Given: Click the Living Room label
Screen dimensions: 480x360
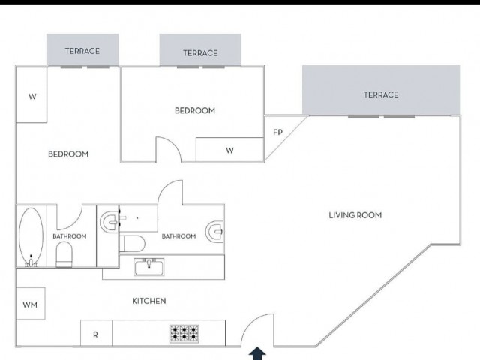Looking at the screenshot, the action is [x=355, y=215].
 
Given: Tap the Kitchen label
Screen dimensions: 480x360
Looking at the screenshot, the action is [x=149, y=301].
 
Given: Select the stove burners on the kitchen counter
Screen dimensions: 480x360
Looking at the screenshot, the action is [x=184, y=333].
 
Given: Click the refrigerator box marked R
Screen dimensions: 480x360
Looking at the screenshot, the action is [x=96, y=333].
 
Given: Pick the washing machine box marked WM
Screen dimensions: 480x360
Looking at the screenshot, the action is [x=31, y=303].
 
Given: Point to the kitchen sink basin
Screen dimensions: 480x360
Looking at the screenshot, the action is [x=149, y=267].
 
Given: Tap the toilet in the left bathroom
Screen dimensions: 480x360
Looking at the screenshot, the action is [x=64, y=254].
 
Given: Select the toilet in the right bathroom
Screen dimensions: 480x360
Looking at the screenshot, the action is [x=132, y=244].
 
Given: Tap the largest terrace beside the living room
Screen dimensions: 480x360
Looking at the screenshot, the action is [x=381, y=90].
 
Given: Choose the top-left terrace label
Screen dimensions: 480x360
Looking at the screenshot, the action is [x=82, y=51].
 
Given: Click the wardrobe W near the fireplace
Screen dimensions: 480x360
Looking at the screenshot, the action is [x=229, y=150].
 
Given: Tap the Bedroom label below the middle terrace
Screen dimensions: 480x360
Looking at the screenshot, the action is [x=195, y=110].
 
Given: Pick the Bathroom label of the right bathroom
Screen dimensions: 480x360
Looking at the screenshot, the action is [x=178, y=236].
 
